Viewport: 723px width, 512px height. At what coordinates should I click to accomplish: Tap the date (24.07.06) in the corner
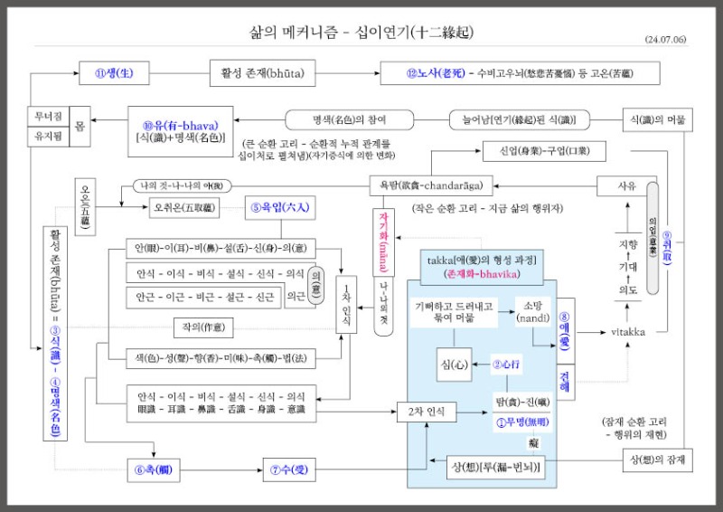pyautogui.click(x=668, y=41)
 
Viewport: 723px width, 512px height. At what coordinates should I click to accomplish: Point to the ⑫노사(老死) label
pyautogui.click(x=433, y=72)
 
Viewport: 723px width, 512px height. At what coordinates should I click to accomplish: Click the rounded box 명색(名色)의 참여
pyautogui.click(x=348, y=119)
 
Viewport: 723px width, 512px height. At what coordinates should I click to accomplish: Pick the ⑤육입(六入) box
pyautogui.click(x=277, y=209)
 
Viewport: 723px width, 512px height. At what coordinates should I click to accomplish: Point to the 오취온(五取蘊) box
pyautogui.click(x=184, y=209)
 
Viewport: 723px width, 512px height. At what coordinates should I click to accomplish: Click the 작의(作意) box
pyautogui.click(x=210, y=326)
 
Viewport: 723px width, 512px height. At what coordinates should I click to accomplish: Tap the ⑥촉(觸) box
pyautogui.click(x=153, y=469)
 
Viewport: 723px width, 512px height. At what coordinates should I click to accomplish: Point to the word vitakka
pyautogui.click(x=626, y=333)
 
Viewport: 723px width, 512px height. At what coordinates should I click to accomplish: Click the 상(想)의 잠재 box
pyautogui.click(x=658, y=460)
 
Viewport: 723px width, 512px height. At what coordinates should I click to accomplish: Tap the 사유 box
pyautogui.click(x=626, y=186)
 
